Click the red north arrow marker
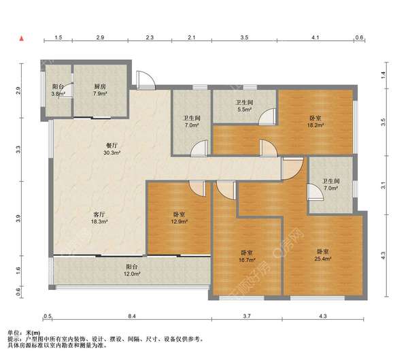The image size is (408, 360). tap(22, 39)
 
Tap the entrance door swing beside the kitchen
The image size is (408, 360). tap(146, 80)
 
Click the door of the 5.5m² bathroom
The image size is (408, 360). tap(267, 116)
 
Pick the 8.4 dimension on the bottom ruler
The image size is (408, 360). tap(132, 316)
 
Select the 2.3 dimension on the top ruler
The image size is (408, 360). tap(150, 37)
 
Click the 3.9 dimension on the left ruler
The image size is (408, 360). tap(18, 218)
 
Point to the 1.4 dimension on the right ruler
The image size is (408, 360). tap(383, 75)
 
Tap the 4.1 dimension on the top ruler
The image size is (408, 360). tap(316, 37)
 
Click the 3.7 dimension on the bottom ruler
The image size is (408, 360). tap(247, 316)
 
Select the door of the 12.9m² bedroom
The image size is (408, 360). tap(197, 188)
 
